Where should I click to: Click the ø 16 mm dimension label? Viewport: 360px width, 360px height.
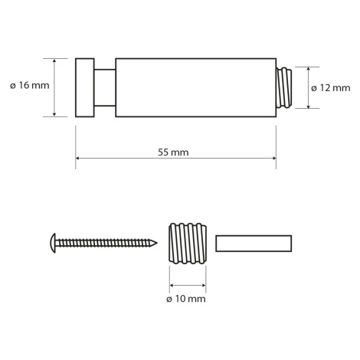[x=30, y=85]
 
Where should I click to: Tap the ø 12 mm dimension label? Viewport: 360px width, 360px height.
[x=331, y=88]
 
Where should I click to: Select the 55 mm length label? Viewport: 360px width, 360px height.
[x=173, y=152]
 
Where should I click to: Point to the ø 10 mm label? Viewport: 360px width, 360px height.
[x=186, y=299]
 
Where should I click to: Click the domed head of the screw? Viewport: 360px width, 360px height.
[x=53, y=243]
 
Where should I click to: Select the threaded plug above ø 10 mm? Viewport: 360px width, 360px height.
[x=188, y=244]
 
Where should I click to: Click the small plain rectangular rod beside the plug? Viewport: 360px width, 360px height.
[x=254, y=244]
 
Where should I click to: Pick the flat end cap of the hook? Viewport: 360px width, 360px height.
[x=85, y=88]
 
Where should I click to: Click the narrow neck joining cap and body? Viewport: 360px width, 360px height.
[x=105, y=87]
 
